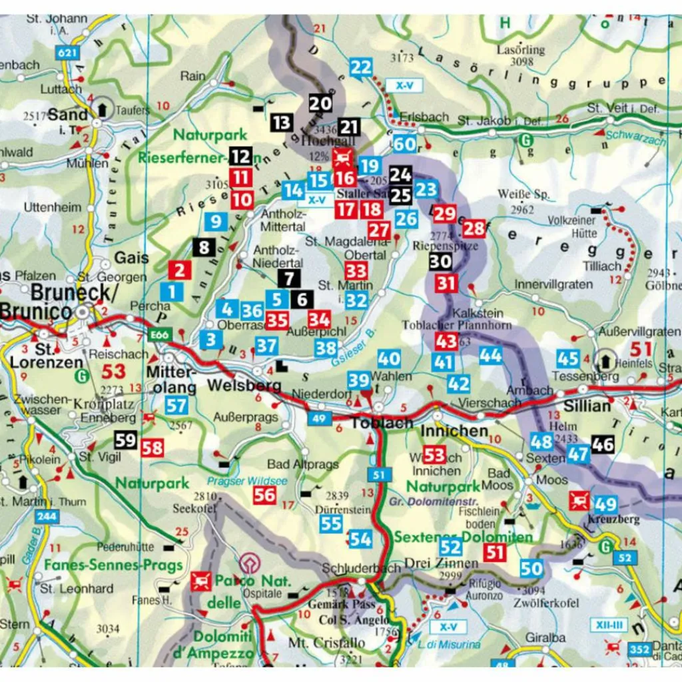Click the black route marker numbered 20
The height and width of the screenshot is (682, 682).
pyautogui.click(x=320, y=104)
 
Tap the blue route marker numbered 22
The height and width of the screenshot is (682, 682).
pyautogui.click(x=361, y=67)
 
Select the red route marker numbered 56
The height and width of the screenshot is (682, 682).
pyautogui.click(x=264, y=494)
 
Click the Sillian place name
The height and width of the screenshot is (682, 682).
pyautogui.click(x=587, y=406)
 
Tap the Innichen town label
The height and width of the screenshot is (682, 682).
pyautogui.click(x=454, y=431)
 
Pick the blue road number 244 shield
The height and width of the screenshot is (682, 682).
pyautogui.click(x=46, y=515)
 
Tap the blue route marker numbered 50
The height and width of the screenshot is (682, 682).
pyautogui.click(x=531, y=568)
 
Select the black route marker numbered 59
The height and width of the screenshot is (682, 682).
pyautogui.click(x=125, y=440)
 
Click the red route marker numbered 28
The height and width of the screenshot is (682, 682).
pyautogui.click(x=474, y=228)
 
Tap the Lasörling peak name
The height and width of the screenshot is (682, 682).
pyautogui.click(x=521, y=50)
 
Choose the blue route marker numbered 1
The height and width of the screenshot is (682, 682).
pyautogui.click(x=171, y=291)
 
